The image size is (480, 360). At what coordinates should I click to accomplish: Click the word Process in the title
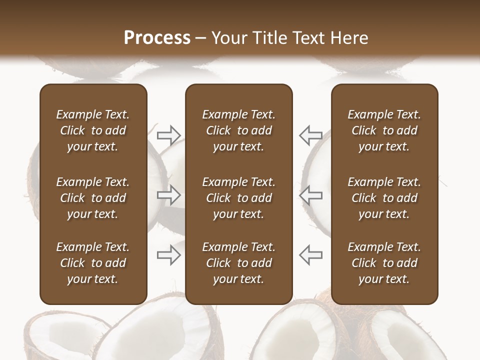point(157,38)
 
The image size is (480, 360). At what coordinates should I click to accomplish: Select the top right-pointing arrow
point(168,134)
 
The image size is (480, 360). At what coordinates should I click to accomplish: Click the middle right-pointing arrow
point(168,195)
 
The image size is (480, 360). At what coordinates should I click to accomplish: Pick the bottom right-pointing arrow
point(168,255)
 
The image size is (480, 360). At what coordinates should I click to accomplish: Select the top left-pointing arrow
point(311,134)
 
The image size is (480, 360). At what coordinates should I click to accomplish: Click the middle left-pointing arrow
point(311,195)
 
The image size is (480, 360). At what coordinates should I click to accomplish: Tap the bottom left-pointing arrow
point(311,255)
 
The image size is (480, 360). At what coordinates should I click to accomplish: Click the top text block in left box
point(93,130)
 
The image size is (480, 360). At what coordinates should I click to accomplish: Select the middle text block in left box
point(93,198)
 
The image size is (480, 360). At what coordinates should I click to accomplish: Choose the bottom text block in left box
point(93,263)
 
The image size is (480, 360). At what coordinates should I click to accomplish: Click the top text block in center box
point(238,130)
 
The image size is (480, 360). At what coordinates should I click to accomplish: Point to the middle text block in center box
point(238,198)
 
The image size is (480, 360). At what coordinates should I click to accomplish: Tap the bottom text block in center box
point(238,263)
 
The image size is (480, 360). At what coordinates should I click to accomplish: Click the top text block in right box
point(384,130)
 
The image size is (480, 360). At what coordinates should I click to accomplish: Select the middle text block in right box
point(384,198)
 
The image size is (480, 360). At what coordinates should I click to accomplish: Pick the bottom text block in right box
point(384,263)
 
